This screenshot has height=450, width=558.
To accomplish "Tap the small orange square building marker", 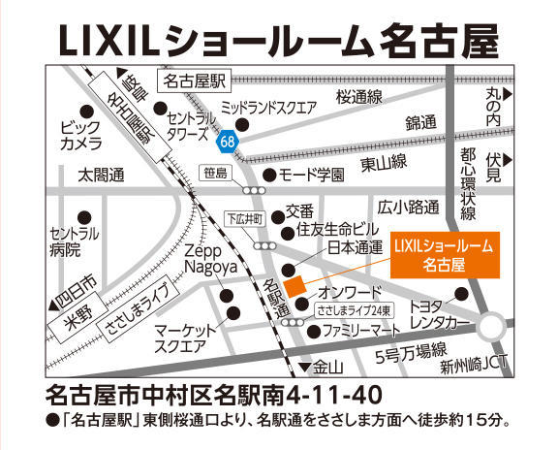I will click(x=295, y=283).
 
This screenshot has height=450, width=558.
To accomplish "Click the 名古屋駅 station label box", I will click(x=194, y=80).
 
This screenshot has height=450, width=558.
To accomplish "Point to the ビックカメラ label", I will click(x=81, y=136).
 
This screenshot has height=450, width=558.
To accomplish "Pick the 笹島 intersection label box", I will click(x=216, y=173).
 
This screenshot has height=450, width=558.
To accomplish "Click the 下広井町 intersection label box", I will click(x=244, y=218).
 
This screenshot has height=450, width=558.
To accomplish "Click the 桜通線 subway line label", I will click(x=359, y=96).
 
